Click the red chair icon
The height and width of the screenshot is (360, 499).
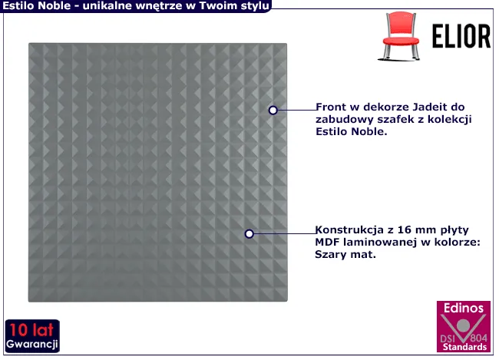[x=400, y=36]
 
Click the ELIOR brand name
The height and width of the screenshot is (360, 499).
[x=461, y=36]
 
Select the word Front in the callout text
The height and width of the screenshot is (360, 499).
[x=330, y=107]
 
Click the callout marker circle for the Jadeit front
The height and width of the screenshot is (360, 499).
[x=273, y=110]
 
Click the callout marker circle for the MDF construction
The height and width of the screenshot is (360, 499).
[x=249, y=234]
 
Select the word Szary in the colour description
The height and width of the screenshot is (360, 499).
[x=329, y=255]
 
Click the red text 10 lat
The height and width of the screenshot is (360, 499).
[x=31, y=330]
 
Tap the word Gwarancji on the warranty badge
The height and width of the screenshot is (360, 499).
[x=31, y=345]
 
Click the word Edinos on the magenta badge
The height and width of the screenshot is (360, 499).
[x=464, y=308]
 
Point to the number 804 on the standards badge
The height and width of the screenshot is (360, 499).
[x=478, y=338]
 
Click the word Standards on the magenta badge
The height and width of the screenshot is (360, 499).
[x=464, y=347]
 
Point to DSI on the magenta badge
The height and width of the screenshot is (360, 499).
[x=448, y=338]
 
